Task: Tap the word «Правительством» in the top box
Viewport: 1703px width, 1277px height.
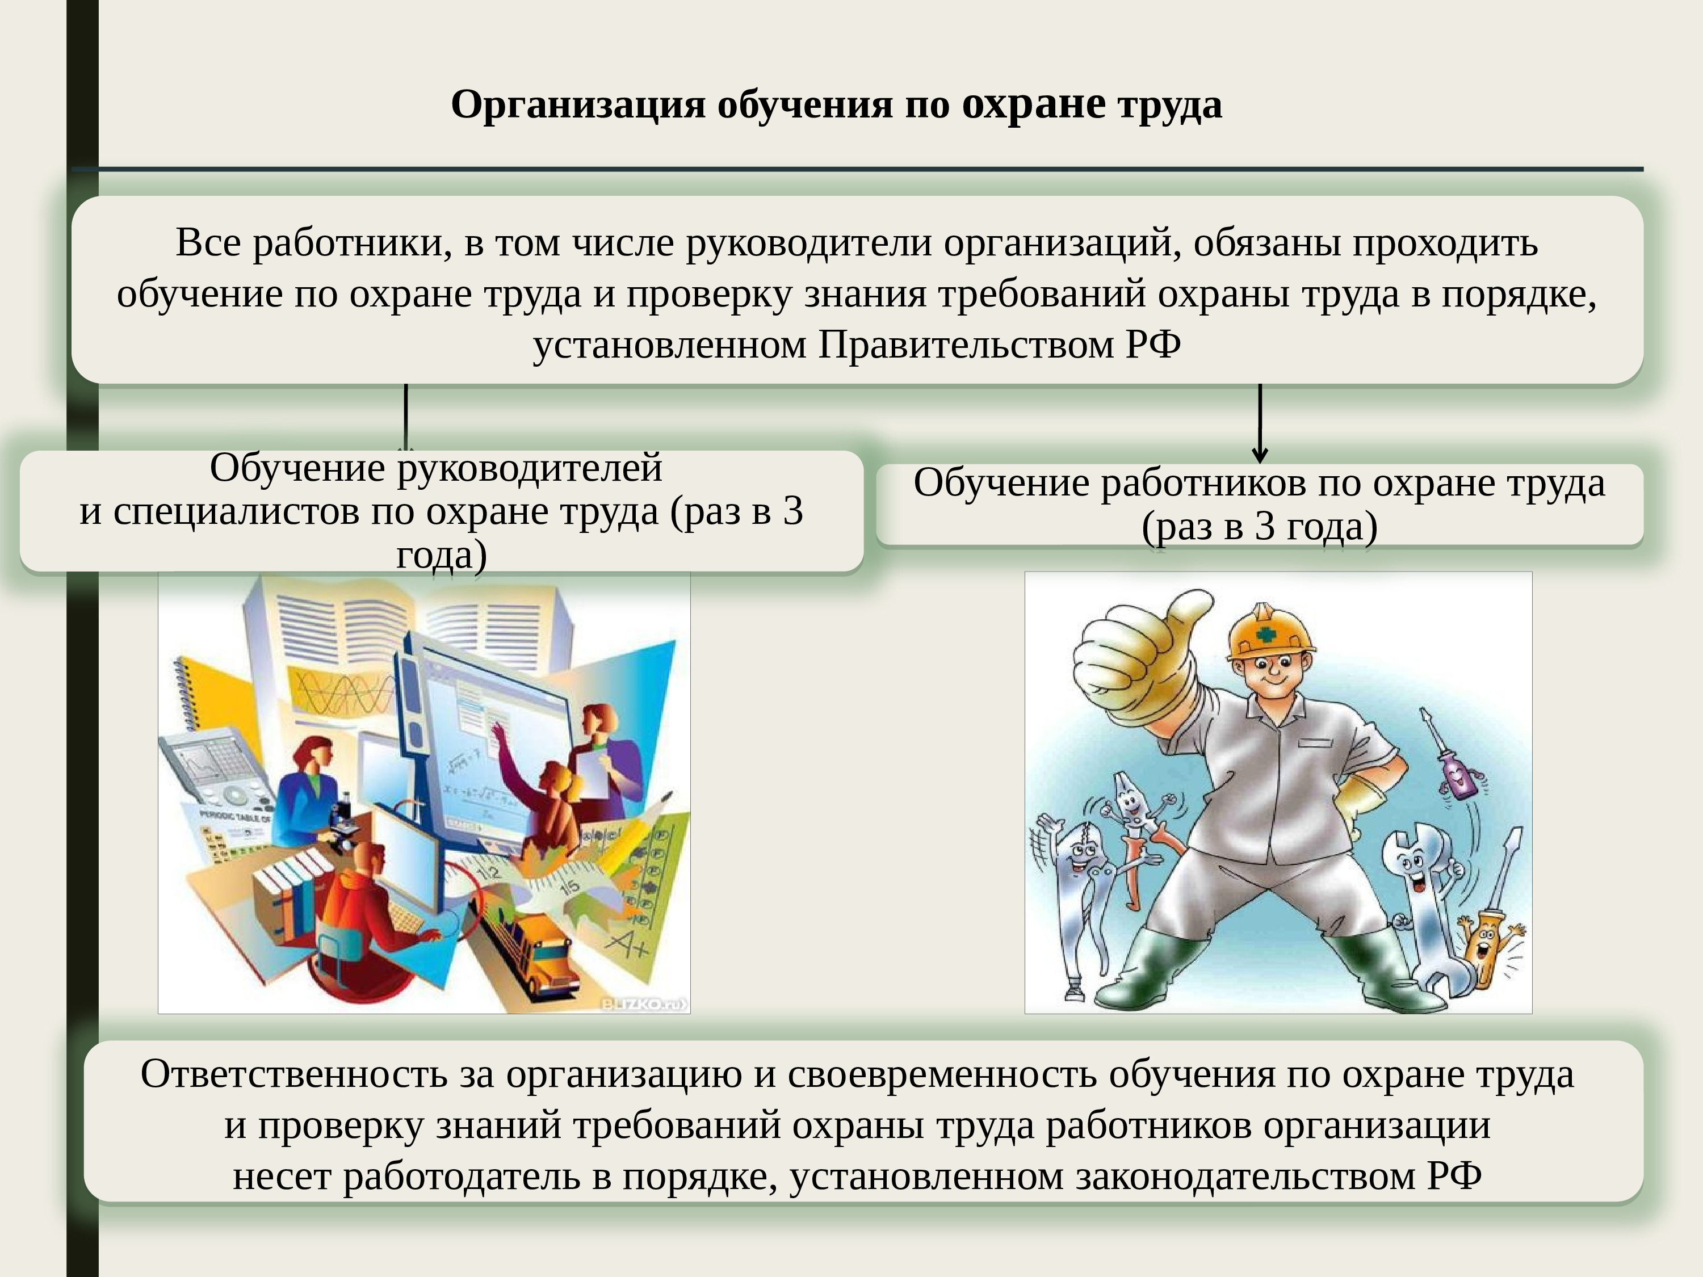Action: (966, 345)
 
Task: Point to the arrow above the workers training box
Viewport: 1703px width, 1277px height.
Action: (1260, 423)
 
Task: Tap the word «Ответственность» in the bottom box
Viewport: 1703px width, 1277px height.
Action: (294, 1074)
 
